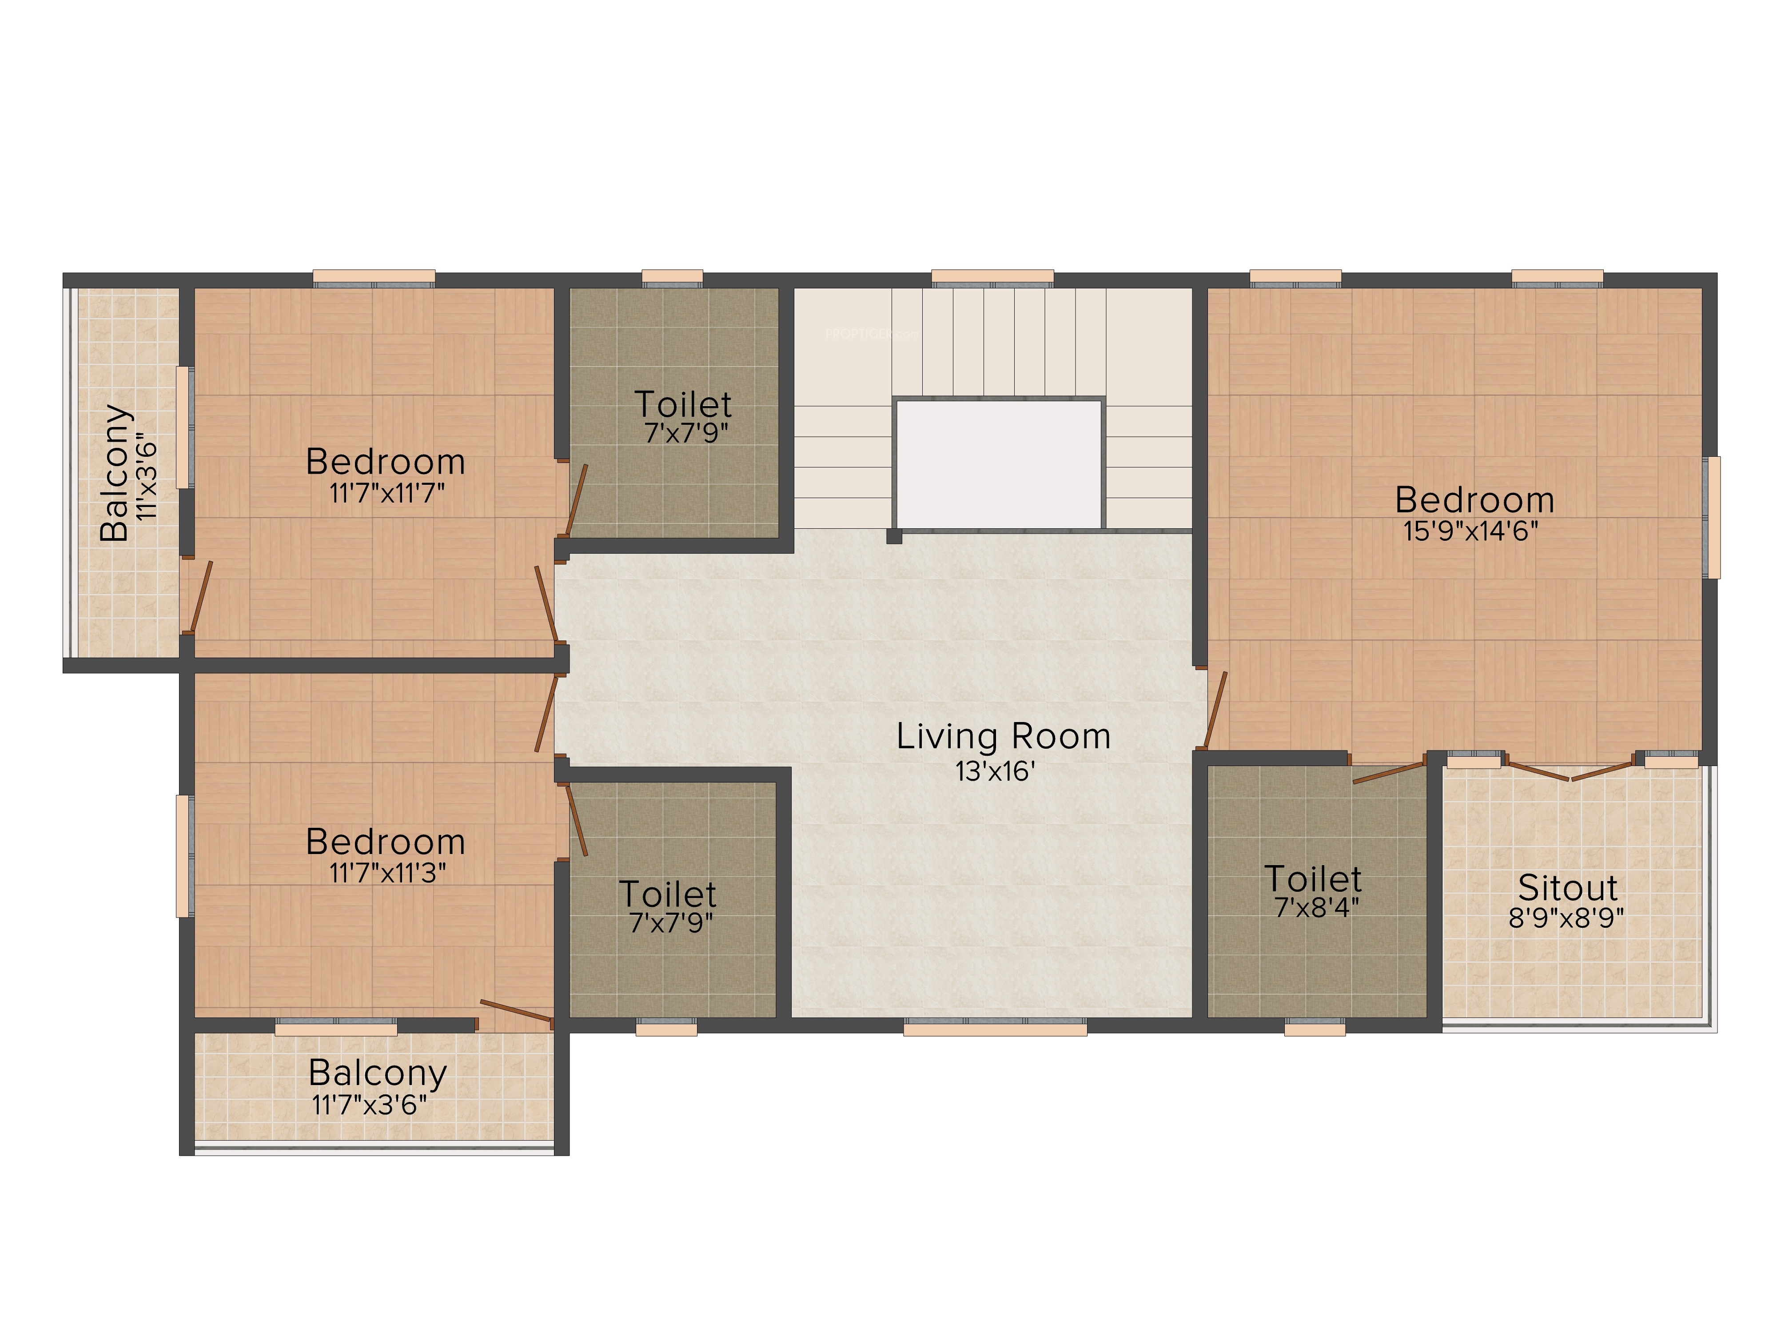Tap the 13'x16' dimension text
pos(995,771)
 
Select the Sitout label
pos(1567,888)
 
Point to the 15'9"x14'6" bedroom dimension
pos(1471,531)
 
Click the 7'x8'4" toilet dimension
pos(1317,907)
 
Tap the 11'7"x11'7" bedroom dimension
pos(386,492)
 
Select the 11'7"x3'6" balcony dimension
pos(370,1105)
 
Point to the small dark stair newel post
pos(894,536)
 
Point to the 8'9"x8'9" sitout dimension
pos(1566,918)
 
